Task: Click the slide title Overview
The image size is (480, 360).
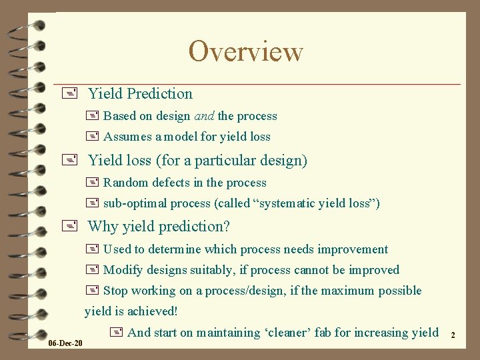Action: (245, 51)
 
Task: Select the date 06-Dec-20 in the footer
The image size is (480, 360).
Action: (66, 343)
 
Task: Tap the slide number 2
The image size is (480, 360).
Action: (453, 335)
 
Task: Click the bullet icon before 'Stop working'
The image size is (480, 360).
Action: (92, 291)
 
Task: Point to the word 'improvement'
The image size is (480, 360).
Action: (353, 249)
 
